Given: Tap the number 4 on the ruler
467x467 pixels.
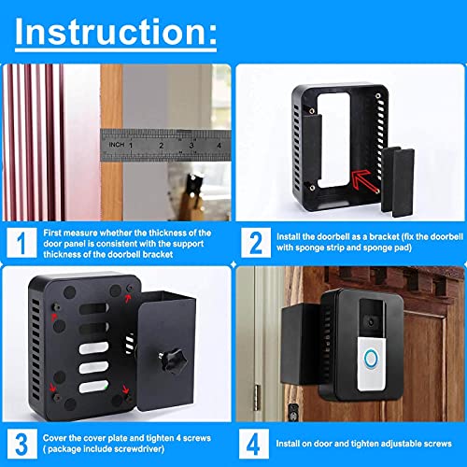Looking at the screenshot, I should [217, 145].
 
